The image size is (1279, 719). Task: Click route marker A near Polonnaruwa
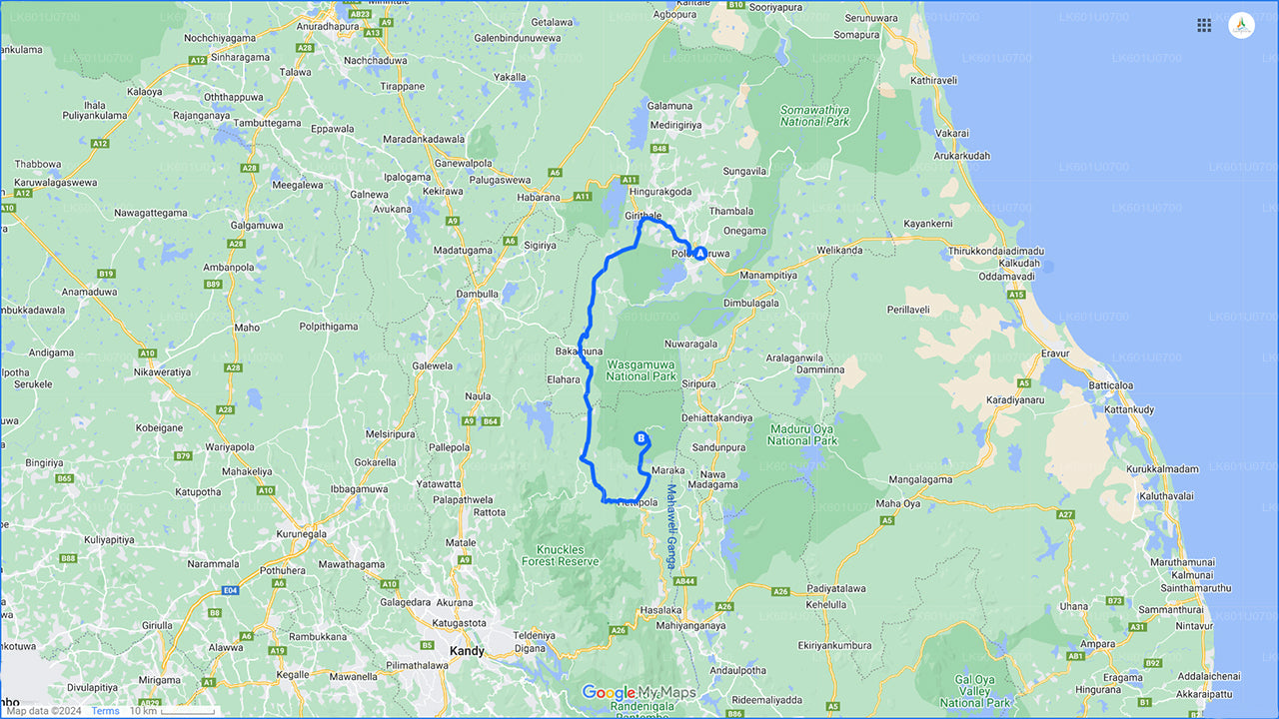pyautogui.click(x=700, y=254)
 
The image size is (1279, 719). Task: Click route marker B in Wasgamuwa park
pyautogui.click(x=640, y=437)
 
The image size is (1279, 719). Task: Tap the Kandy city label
pyautogui.click(x=467, y=651)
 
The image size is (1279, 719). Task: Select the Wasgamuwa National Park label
pyautogui.click(x=640, y=370)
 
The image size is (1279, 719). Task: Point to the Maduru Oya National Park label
pyautogui.click(x=802, y=434)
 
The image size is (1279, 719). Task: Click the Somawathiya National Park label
pyautogui.click(x=814, y=115)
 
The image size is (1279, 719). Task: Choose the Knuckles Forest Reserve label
pyautogui.click(x=560, y=555)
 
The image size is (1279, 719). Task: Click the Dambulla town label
pyautogui.click(x=477, y=295)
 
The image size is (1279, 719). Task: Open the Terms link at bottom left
pyautogui.click(x=105, y=711)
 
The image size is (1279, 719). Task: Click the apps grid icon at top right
pyautogui.click(x=1204, y=25)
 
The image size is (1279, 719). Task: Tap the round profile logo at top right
pyautogui.click(x=1241, y=25)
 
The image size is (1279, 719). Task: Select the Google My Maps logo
pyautogui.click(x=638, y=693)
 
